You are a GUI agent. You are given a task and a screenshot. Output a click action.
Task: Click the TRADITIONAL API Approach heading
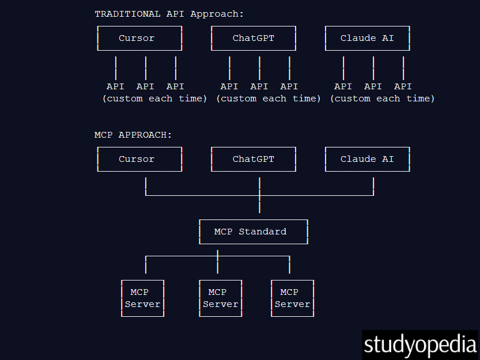click(x=169, y=14)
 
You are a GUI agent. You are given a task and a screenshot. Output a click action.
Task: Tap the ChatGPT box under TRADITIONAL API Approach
click(x=254, y=39)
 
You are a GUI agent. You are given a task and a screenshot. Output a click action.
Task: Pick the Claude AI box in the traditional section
click(x=367, y=39)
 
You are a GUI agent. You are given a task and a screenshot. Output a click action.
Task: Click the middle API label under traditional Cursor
click(x=145, y=86)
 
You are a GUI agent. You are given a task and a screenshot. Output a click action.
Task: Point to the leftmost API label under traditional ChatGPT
click(x=229, y=86)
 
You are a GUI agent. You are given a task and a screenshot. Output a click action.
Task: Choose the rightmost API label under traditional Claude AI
click(x=403, y=86)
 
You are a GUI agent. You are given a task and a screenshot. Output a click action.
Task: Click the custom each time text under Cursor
click(x=154, y=98)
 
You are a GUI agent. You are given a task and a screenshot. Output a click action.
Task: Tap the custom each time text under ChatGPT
click(x=269, y=98)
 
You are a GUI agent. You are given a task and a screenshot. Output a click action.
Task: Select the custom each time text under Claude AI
click(x=382, y=98)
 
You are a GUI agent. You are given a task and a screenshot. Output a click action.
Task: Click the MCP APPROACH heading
click(x=133, y=135)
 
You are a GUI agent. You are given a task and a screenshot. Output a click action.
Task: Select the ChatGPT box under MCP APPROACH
click(x=254, y=159)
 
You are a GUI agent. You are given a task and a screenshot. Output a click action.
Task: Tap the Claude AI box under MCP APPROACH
click(x=367, y=159)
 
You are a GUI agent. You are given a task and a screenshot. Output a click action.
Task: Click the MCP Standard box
click(x=254, y=232)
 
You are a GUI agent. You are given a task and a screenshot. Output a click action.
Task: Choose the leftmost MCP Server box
click(x=142, y=298)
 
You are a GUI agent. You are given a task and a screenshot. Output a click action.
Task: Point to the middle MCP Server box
click(x=220, y=298)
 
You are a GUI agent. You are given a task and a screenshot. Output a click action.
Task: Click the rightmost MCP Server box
click(x=292, y=298)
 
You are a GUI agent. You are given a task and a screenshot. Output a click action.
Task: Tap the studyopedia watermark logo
click(x=420, y=344)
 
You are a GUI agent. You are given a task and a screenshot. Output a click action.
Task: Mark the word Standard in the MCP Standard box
click(x=262, y=232)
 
